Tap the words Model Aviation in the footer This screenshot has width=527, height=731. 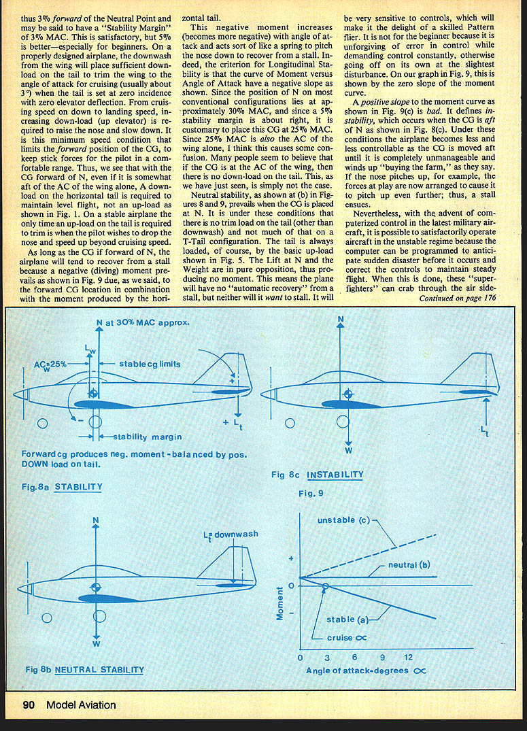pos(81,705)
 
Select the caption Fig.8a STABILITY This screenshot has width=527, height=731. pos(62,487)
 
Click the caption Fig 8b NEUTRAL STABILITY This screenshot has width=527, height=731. pos(84,669)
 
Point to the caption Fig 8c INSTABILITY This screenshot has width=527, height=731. pos(317,475)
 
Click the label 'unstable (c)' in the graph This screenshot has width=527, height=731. pos(343,520)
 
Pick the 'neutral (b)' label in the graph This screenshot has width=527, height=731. pos(409,565)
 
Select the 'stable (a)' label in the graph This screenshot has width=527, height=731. pos(350,619)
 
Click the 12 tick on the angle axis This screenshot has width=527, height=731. pos(408,658)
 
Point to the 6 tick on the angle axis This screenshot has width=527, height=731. pos(354,658)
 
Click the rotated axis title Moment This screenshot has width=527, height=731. pos(279,604)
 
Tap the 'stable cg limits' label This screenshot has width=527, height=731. pos(150,364)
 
